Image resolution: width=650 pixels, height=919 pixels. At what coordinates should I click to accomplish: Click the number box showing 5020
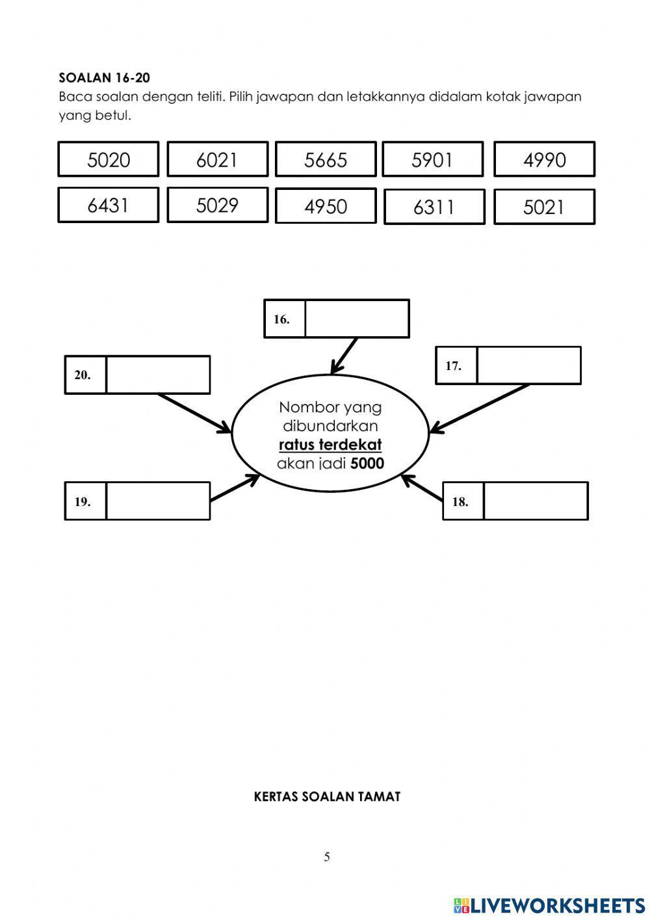[109, 159]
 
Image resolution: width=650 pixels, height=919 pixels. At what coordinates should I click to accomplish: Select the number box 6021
[217, 159]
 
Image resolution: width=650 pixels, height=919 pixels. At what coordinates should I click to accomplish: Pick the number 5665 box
[326, 159]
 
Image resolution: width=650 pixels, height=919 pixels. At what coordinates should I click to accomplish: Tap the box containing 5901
[433, 159]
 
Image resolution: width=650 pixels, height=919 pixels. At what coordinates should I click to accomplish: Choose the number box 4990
[544, 159]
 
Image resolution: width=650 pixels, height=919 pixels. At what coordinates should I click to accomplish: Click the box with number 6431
[109, 205]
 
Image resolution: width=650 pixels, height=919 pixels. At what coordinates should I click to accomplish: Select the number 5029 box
[217, 205]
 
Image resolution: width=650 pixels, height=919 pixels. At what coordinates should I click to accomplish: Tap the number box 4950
[326, 206]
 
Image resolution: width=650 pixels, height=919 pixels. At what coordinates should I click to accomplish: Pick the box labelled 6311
[434, 206]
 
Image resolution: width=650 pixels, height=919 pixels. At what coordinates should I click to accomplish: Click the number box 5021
[544, 206]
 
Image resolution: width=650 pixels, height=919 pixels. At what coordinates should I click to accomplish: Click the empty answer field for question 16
[357, 319]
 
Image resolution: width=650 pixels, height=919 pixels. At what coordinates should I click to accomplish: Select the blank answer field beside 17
[529, 366]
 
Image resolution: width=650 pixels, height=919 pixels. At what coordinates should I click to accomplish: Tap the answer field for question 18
[536, 501]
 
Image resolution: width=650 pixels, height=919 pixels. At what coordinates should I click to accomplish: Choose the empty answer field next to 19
[159, 501]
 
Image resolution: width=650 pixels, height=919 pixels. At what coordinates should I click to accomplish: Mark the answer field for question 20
[159, 375]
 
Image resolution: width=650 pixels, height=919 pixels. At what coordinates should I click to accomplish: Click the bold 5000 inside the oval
[367, 464]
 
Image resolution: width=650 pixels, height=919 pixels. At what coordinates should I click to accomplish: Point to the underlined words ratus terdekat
[330, 445]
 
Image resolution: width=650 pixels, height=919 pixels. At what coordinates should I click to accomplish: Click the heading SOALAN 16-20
[104, 78]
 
